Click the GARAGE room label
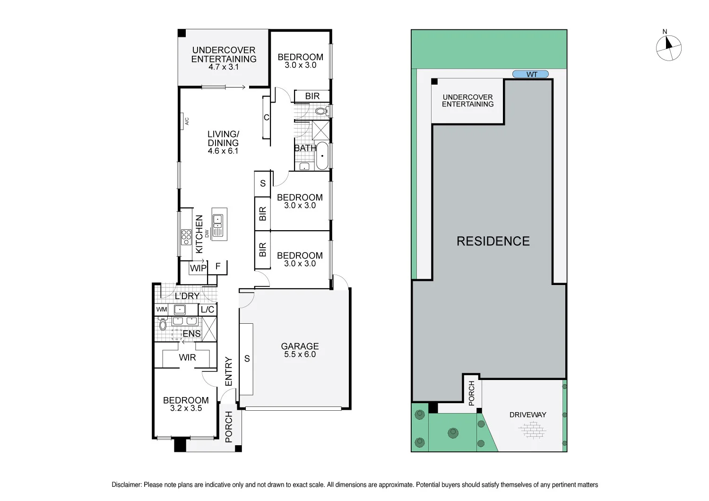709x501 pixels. (x=300, y=346)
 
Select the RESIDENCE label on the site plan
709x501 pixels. (x=493, y=241)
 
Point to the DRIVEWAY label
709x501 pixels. (x=527, y=415)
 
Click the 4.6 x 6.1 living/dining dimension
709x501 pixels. (x=223, y=151)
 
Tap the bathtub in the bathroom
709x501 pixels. (x=322, y=155)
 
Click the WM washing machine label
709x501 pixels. (x=162, y=310)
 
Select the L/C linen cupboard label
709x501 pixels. (x=208, y=310)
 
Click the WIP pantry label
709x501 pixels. (x=198, y=268)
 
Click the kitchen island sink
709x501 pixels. (x=218, y=219)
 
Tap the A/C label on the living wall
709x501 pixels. (x=187, y=121)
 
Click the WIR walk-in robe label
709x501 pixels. (x=187, y=357)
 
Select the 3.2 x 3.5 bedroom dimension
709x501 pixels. (x=186, y=408)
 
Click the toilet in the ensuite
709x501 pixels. (x=163, y=324)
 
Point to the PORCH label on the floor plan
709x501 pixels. (x=229, y=427)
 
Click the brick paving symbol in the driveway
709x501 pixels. (x=532, y=431)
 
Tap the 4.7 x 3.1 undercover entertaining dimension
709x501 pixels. (x=224, y=67)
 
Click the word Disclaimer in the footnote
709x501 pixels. (x=126, y=484)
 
